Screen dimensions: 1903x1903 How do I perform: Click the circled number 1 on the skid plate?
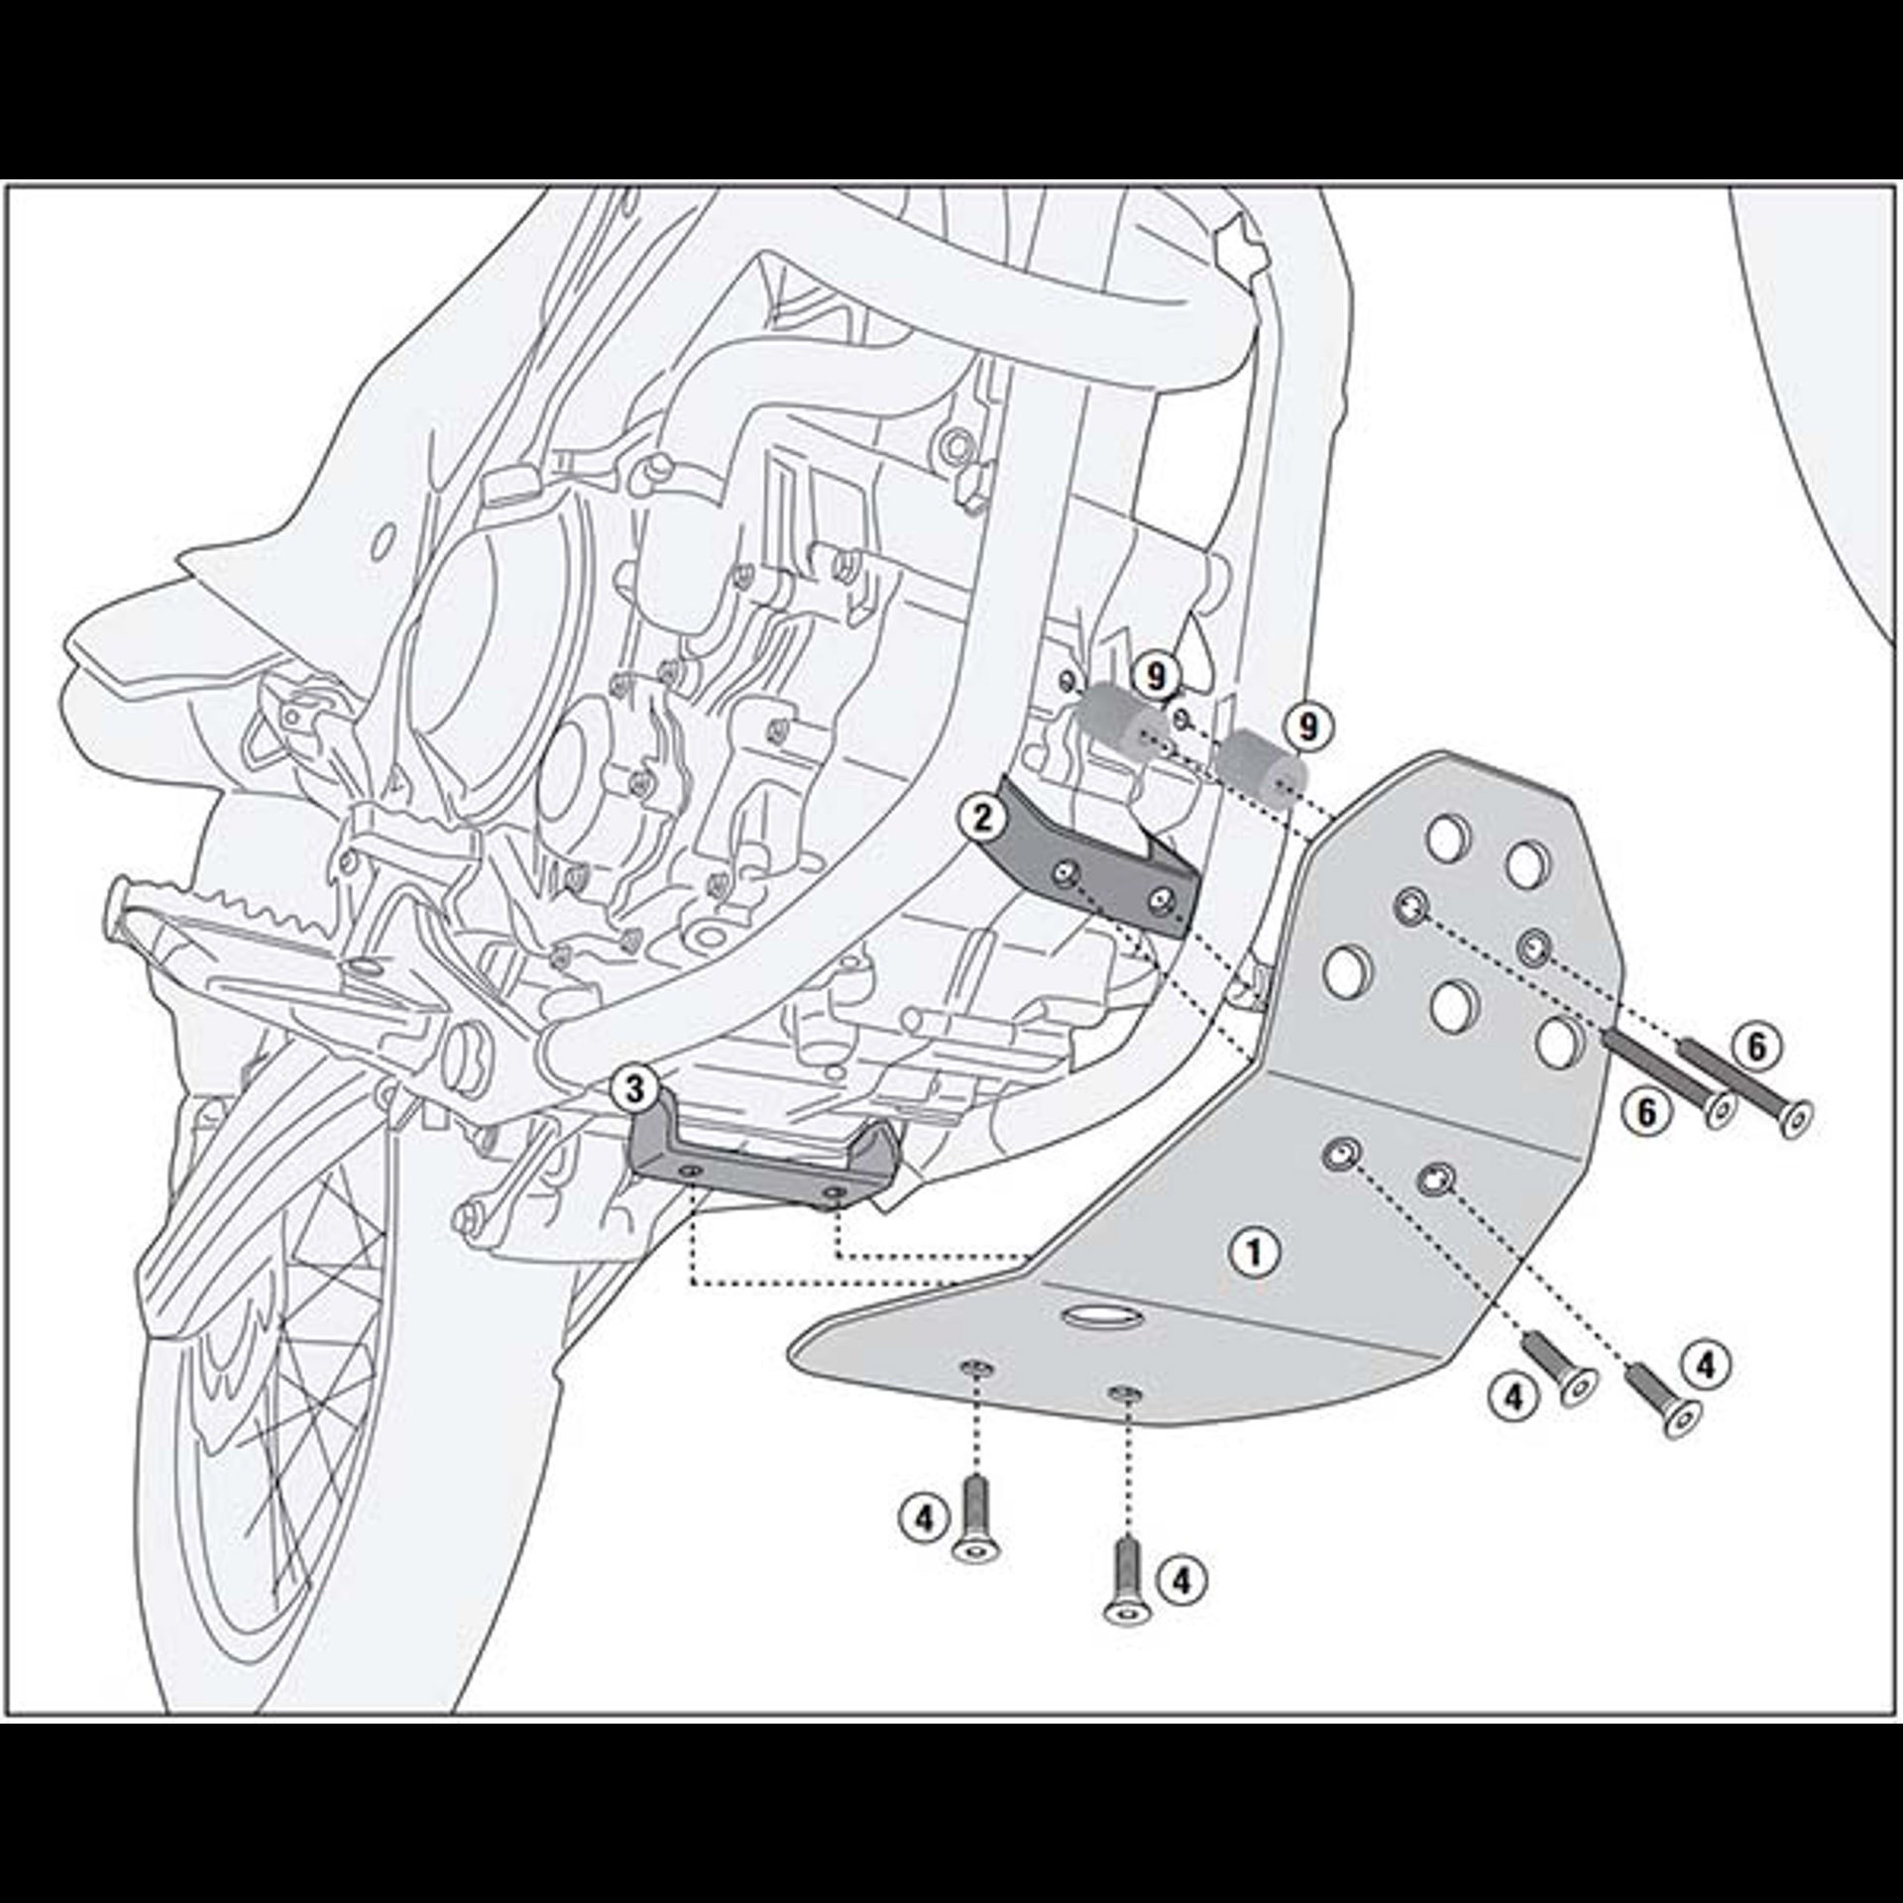1255,1253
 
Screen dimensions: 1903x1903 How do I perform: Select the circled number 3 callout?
634,1090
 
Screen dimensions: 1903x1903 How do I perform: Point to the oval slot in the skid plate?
1099,1316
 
